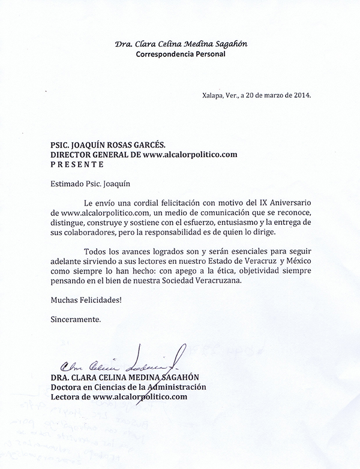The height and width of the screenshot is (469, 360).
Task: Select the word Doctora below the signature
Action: [x=69, y=387]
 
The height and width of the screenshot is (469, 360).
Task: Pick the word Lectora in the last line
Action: [x=67, y=396]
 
